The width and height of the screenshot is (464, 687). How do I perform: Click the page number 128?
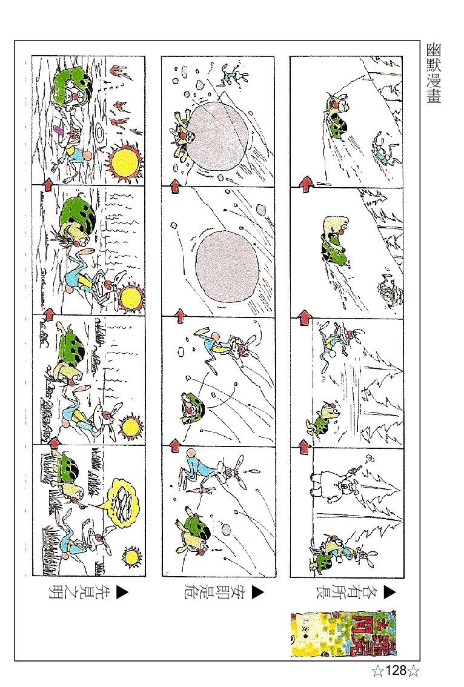pos(395,671)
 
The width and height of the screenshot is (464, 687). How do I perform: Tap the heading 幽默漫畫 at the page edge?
pos(434,73)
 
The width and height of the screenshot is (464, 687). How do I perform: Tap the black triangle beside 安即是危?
pos(258,591)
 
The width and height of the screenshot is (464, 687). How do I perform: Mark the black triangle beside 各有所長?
pos(388,591)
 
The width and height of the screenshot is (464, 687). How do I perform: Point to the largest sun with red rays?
pos(126,161)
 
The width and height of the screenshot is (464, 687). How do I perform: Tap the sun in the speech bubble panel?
pos(131,555)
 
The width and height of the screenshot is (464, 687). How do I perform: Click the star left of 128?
pos(377,671)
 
